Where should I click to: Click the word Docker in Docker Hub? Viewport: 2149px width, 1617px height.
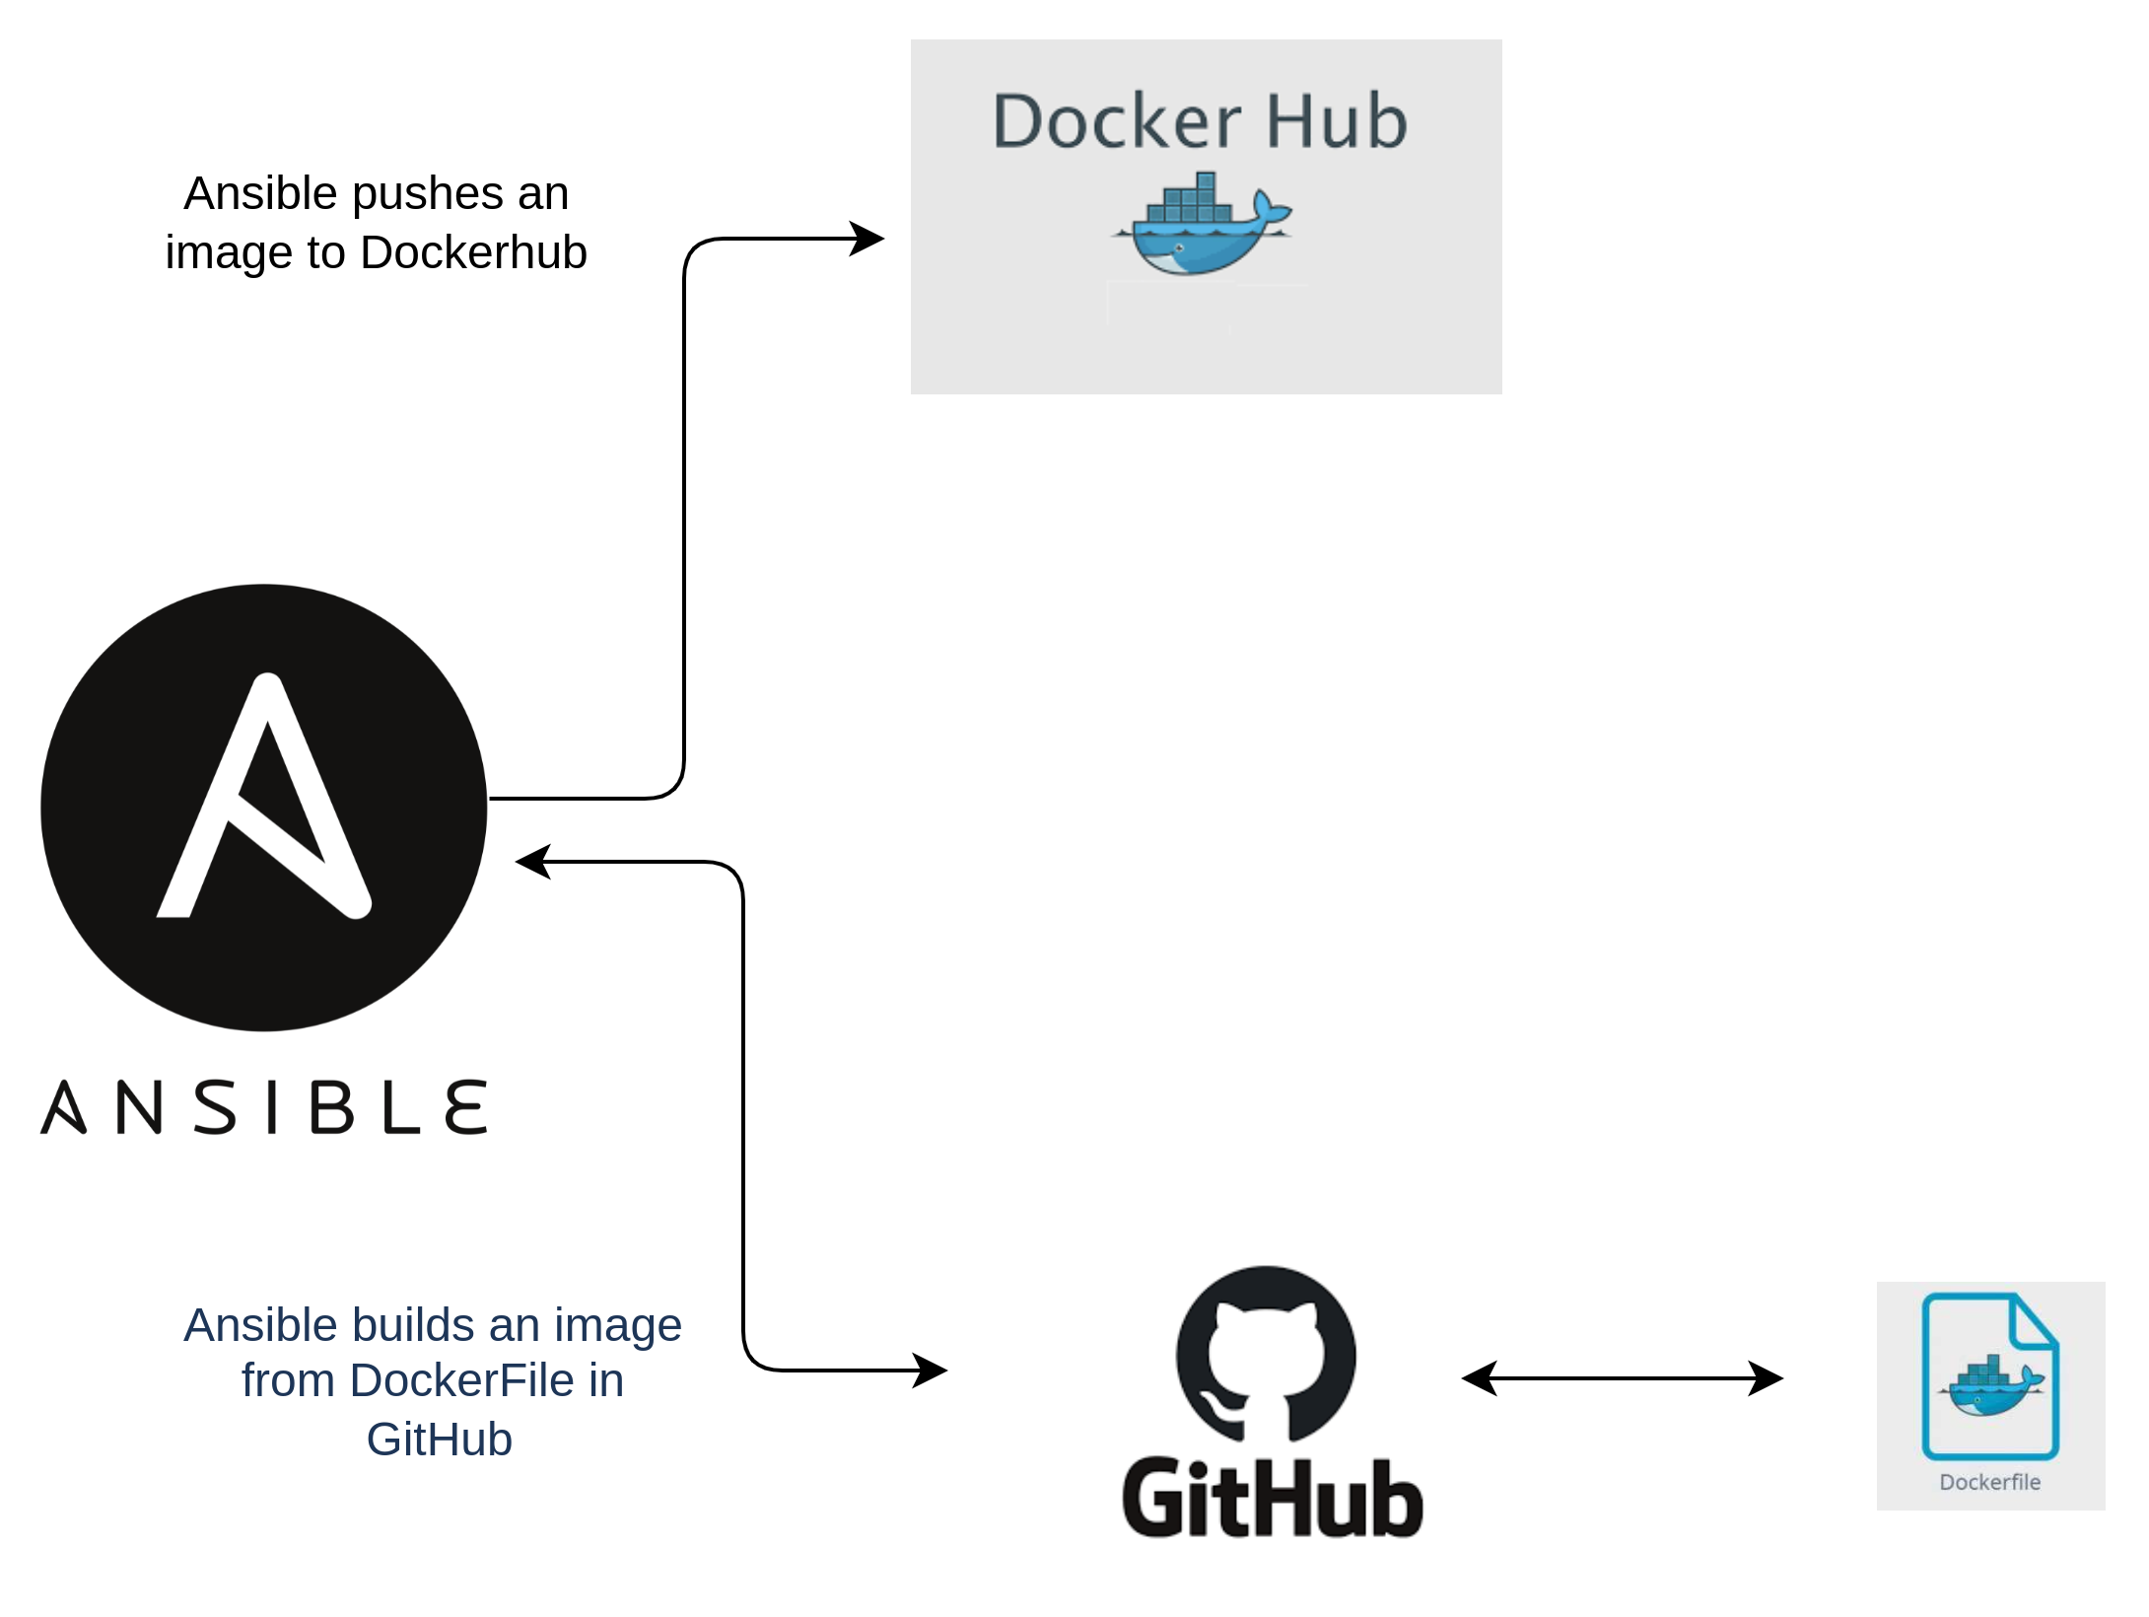pos(1115,122)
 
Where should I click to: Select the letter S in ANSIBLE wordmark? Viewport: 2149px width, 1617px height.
pos(215,1106)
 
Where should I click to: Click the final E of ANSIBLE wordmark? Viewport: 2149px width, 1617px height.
pos(466,1106)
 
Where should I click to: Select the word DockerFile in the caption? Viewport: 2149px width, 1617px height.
pos(461,1380)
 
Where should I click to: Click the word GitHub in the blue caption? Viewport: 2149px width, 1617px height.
pos(439,1440)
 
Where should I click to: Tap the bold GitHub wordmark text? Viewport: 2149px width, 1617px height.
pos(1272,1499)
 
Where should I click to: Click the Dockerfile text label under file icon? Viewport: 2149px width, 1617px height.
pos(1989,1482)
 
